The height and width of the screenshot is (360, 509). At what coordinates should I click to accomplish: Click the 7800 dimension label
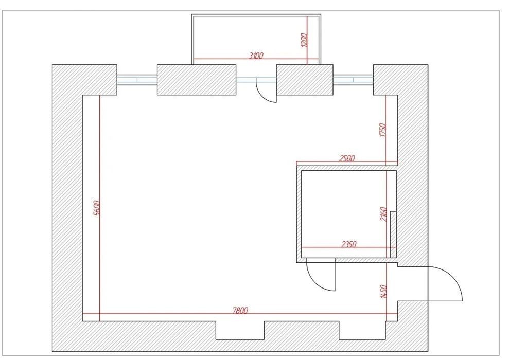coord(240,311)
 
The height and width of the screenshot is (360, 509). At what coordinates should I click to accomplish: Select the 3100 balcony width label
coord(256,56)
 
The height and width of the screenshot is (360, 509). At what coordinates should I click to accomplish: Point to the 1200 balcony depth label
coord(304,40)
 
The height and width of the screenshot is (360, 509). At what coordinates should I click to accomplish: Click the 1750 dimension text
coord(383,130)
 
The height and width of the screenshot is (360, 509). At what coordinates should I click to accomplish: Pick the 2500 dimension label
coord(347,158)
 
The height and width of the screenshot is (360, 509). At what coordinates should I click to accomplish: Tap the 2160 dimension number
coord(383,214)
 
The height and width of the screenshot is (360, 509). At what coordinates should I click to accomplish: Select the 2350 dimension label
coord(348,244)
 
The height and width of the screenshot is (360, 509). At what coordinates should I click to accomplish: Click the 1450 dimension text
coord(383,292)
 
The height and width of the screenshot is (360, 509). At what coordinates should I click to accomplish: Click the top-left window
coord(137,80)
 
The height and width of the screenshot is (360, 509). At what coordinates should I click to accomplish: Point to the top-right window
coord(353,80)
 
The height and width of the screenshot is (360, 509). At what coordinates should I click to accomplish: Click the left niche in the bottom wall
coord(240,330)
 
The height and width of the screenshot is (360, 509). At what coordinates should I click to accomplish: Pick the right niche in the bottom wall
coord(362,330)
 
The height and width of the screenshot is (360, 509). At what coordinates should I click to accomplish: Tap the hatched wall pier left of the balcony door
coord(197,80)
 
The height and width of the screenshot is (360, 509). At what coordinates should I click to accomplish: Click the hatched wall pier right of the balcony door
coord(305,80)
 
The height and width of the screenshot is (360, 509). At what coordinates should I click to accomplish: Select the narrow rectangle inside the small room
coord(393,234)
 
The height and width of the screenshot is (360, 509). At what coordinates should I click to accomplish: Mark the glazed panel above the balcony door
coord(256,80)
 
